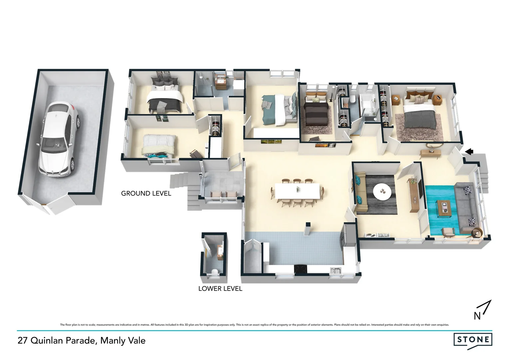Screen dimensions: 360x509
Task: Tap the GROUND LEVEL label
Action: [x=146, y=193]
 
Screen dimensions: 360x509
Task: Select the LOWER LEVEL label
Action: [x=220, y=289]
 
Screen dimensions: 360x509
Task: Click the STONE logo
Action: [x=473, y=340]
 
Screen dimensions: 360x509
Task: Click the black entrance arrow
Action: [x=469, y=152]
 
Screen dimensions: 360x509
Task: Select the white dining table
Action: [x=296, y=192]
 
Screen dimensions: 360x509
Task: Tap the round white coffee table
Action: [x=382, y=192]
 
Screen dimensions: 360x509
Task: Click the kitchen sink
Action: [x=335, y=271]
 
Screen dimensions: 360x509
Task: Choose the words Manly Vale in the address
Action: [x=123, y=340]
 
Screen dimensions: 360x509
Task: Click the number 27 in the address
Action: [x=23, y=340]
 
